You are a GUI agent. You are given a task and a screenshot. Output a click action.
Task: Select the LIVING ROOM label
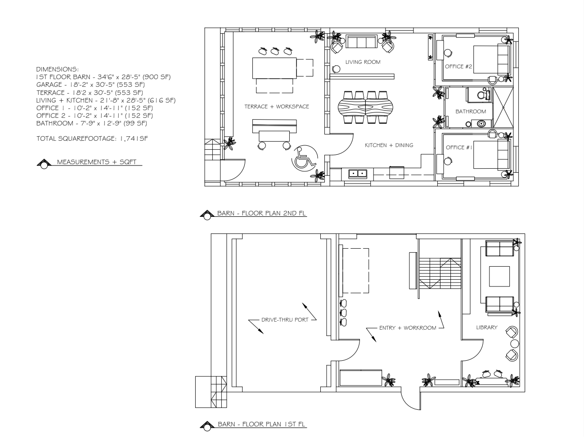(363, 62)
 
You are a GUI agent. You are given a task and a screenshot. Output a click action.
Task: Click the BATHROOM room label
(471, 112)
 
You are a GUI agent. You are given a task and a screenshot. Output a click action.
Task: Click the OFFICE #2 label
(458, 67)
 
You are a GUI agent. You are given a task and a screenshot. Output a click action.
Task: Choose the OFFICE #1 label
(459, 148)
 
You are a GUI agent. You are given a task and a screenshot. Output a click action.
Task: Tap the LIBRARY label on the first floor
(487, 327)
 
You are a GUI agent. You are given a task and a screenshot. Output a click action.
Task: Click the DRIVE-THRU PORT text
(285, 320)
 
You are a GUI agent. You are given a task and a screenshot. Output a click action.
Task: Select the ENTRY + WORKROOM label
(408, 328)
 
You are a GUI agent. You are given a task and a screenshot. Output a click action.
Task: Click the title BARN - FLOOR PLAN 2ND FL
(261, 213)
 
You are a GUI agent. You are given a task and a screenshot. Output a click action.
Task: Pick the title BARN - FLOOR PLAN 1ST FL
(261, 424)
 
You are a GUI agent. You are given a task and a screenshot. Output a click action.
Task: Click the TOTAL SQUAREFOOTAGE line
(92, 139)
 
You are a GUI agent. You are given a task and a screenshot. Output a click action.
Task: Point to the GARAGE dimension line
(90, 85)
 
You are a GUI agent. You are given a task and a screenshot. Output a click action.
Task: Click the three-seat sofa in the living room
(362, 41)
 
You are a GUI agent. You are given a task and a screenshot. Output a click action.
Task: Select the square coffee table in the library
(499, 277)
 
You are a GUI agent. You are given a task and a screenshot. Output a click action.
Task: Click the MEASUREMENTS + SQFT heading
(97, 162)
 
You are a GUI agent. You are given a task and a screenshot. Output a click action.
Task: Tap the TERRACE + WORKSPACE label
(277, 107)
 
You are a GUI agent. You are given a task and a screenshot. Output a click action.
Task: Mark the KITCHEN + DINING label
(389, 145)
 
